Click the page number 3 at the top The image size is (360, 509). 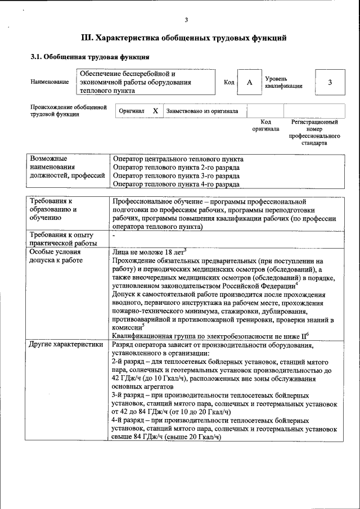[186, 20]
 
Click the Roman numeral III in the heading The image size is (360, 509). [87, 38]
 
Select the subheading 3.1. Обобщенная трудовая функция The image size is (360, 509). [89, 57]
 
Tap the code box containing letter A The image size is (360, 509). [249, 82]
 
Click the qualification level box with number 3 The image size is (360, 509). [330, 82]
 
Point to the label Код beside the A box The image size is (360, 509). [229, 83]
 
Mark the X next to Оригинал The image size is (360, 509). [155, 111]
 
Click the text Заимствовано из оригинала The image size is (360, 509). [202, 111]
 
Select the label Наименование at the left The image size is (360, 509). [50, 82]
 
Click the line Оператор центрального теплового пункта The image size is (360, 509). [178, 159]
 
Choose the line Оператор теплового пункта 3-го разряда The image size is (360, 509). [176, 175]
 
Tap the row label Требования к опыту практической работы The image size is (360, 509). [62, 238]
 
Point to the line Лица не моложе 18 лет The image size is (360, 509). [148, 252]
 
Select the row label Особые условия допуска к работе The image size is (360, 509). [56, 256]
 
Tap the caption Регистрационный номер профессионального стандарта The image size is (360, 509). [314, 132]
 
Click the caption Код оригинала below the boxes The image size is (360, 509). [265, 125]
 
